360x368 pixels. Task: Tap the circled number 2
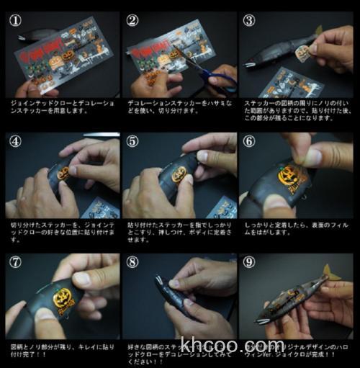tap(132, 20)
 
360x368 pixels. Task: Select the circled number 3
tap(249, 20)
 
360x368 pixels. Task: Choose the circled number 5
tap(132, 141)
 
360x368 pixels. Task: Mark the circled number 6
tap(249, 141)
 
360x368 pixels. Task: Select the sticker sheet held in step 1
tap(61, 54)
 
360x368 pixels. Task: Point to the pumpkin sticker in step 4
tap(63, 174)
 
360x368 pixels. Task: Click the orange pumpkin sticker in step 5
tap(179, 174)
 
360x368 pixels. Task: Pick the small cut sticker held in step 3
tap(304, 52)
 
